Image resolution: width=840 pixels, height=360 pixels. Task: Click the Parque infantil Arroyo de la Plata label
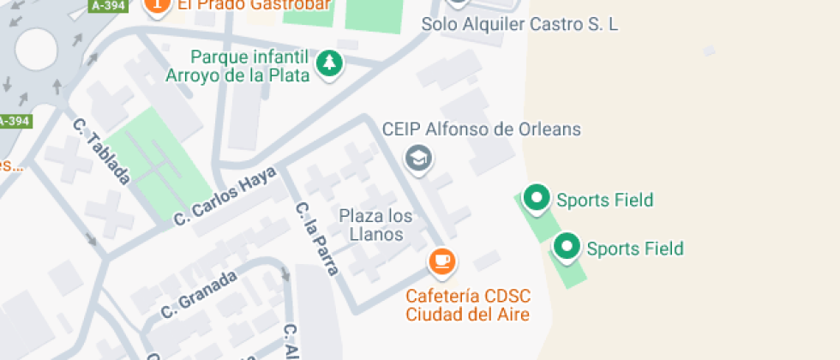[x=250, y=66]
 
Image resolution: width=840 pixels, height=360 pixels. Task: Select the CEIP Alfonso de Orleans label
[x=481, y=129]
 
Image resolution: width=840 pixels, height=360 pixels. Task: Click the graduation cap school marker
[x=418, y=158]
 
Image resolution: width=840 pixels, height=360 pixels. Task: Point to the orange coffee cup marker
[x=441, y=261]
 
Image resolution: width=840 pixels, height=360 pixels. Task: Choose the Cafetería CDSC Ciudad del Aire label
[x=468, y=305]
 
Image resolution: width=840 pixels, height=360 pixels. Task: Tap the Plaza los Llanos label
[x=376, y=225]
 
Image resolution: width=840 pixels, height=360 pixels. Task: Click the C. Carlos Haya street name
[x=225, y=196]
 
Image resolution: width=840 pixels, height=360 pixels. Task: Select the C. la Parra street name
[x=316, y=238]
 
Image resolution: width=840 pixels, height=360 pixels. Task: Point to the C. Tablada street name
[x=101, y=151]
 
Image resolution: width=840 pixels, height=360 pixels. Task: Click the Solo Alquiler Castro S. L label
[x=519, y=24]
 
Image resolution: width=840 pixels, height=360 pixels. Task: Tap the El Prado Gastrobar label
[x=255, y=5]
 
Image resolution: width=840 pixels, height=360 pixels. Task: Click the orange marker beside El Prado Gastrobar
[x=157, y=5]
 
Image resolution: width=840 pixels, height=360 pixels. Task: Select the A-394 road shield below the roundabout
[x=14, y=121]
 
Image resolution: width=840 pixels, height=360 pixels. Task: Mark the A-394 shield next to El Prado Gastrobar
[x=109, y=5]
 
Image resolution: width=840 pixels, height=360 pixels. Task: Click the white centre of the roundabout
[x=35, y=49]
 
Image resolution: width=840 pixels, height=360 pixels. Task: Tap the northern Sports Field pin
[x=537, y=198]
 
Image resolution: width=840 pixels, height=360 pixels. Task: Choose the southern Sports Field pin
[x=566, y=247]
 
